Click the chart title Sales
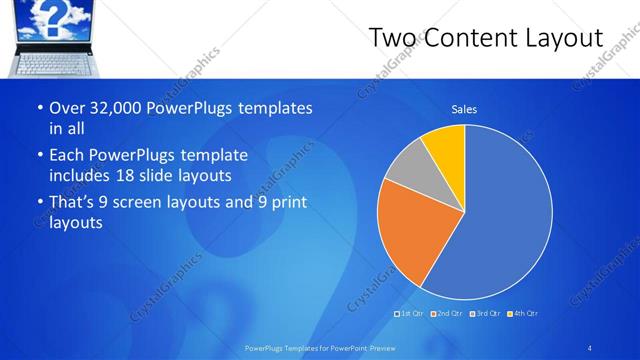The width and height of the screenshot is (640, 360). click(x=464, y=109)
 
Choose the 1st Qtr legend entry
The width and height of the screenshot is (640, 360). click(x=410, y=314)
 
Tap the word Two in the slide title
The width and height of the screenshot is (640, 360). click(x=393, y=38)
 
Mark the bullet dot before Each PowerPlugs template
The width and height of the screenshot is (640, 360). click(x=39, y=156)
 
